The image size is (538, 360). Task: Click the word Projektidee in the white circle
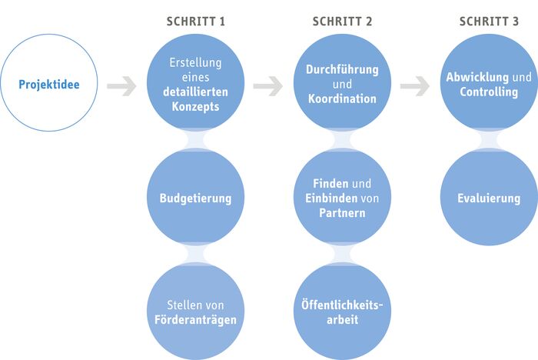click(x=49, y=85)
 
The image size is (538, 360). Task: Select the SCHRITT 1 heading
click(x=196, y=22)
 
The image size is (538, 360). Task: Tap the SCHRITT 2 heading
click(x=342, y=22)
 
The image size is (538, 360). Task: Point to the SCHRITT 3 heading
click(x=489, y=22)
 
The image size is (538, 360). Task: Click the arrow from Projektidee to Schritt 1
click(x=121, y=86)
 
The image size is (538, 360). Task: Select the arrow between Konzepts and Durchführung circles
click(x=268, y=86)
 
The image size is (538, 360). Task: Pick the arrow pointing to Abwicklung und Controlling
click(x=415, y=86)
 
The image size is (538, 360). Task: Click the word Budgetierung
click(x=195, y=198)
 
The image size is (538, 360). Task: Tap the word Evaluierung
click(x=489, y=198)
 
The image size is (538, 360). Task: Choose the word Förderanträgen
click(x=195, y=320)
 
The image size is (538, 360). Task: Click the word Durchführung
click(x=342, y=69)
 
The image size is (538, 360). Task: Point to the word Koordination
click(x=342, y=99)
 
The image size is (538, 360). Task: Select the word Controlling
click(x=489, y=92)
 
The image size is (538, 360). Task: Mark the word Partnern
click(x=342, y=213)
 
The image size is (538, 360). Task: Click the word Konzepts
click(x=195, y=107)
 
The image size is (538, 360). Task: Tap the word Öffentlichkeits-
click(x=342, y=305)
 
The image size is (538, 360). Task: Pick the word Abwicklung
click(x=477, y=77)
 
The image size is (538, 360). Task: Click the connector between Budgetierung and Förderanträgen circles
click(x=195, y=254)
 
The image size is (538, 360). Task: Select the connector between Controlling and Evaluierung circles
click(x=489, y=140)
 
